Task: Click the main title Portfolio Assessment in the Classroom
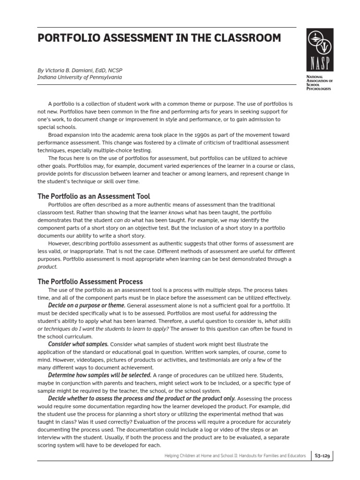(159, 38)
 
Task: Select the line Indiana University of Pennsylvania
(79, 77)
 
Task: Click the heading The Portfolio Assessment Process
(90, 282)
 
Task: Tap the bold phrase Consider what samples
(78, 344)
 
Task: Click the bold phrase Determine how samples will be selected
(99, 375)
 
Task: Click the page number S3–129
(324, 455)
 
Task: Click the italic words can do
(123, 220)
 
